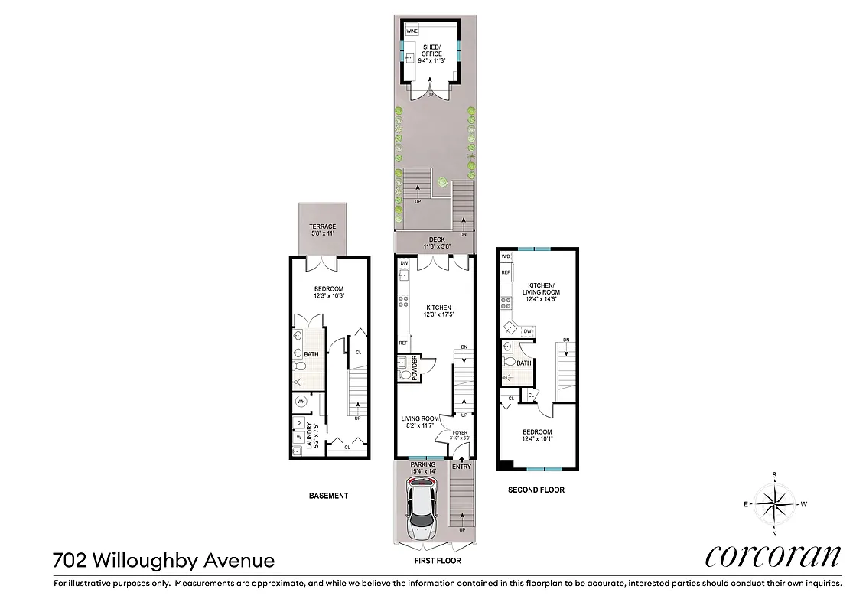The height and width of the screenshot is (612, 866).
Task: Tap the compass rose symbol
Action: [x=775, y=503]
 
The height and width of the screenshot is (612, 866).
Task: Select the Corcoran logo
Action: [x=773, y=556]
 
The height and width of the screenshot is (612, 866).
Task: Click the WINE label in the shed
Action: [x=412, y=31]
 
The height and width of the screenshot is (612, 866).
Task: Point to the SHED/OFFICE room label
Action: [x=431, y=50]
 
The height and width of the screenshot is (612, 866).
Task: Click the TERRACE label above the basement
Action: [x=322, y=227]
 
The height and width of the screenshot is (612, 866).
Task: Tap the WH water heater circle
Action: [x=301, y=401]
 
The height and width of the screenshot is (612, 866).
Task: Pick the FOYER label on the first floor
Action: [x=460, y=433]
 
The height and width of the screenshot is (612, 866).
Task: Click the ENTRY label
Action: [x=461, y=467]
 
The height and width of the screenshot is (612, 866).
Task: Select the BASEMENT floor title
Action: [x=328, y=496]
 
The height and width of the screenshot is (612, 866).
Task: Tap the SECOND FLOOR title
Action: [x=536, y=490]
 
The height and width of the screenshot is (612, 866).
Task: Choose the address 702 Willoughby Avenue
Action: [x=164, y=560]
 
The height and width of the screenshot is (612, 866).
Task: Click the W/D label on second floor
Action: [x=505, y=256]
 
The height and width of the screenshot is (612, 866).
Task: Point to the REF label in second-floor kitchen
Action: [x=505, y=272]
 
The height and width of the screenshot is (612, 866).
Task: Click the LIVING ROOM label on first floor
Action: [x=420, y=419]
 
